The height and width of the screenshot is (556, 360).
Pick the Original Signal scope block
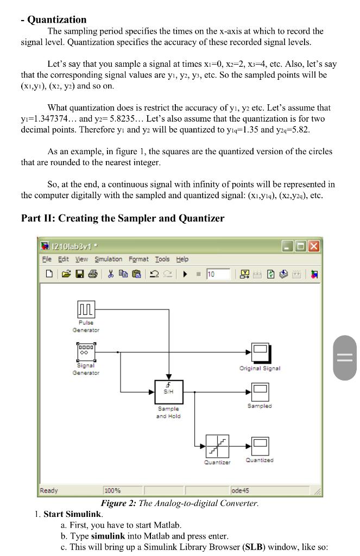(260, 352)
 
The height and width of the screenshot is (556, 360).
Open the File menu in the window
(48, 260)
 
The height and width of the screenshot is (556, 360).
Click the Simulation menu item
(109, 260)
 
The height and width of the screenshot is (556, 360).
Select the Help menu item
(182, 260)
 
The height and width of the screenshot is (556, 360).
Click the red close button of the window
(314, 246)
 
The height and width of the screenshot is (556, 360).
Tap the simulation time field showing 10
(217, 274)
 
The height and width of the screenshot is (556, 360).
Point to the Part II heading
(122, 218)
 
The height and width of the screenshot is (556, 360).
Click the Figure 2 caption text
(180, 503)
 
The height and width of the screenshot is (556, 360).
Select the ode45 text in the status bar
(241, 491)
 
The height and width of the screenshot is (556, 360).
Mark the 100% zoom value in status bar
(112, 491)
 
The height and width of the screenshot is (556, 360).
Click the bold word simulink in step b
(108, 536)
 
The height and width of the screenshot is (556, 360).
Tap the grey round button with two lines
(345, 357)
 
